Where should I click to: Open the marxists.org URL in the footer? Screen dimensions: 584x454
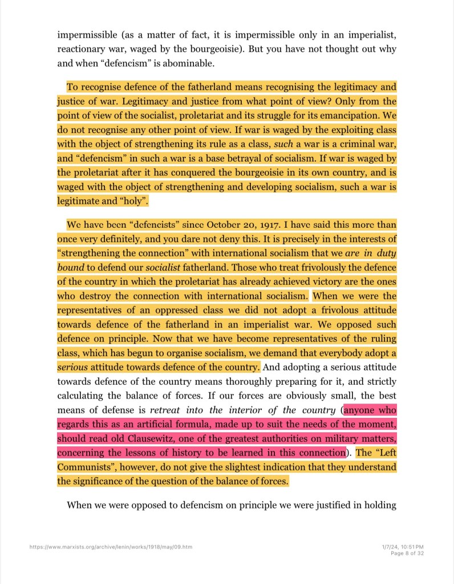[111, 547]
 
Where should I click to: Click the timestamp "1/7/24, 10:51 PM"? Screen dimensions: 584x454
[403, 547]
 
